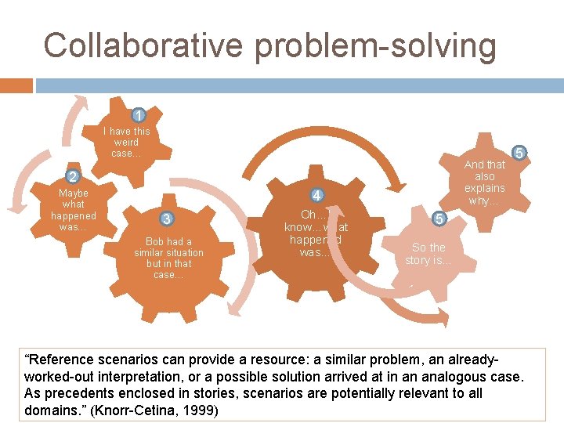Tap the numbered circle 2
(72, 175)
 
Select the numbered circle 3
(166, 219)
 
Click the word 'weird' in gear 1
(125, 142)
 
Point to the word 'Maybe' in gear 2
(74, 193)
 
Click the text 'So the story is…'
(428, 254)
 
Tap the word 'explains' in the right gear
(485, 188)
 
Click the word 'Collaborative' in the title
(143, 45)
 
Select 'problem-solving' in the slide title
(375, 45)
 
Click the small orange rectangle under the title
(16, 85)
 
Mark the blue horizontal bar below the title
(298, 85)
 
